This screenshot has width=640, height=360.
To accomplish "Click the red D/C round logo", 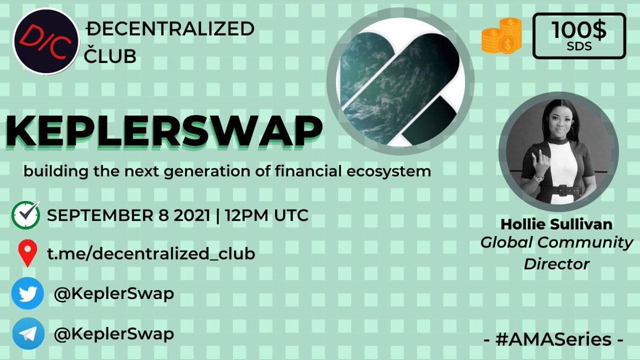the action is click(46, 42).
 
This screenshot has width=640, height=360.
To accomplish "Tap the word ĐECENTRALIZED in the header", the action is click(170, 29).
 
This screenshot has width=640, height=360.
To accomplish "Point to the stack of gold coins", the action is click(502, 35).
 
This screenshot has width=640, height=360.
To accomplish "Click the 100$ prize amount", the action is click(578, 29).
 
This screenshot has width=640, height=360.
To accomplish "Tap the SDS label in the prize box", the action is click(579, 46).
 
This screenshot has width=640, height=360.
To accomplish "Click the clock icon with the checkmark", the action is click(26, 215).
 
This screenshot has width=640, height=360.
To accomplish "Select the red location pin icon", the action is click(27, 253).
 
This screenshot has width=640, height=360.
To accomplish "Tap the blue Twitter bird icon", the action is click(28, 293).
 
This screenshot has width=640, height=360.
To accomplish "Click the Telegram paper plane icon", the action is click(28, 333).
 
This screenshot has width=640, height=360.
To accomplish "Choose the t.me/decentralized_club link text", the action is click(151, 254).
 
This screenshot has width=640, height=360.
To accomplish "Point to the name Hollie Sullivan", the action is click(557, 225).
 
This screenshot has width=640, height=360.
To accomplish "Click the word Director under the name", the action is click(557, 264).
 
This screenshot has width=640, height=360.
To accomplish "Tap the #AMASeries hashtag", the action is click(553, 340).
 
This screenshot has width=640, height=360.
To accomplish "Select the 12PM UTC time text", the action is click(267, 215).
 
